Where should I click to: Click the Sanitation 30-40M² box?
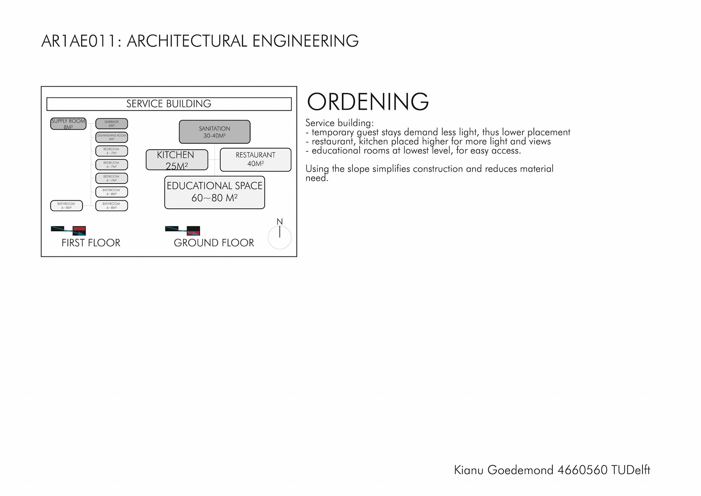click(214, 132)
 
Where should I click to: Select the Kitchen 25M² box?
click(177, 160)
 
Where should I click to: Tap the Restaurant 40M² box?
click(255, 160)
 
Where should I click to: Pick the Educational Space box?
click(214, 192)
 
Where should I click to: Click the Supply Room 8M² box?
click(68, 124)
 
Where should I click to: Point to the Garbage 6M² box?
click(111, 123)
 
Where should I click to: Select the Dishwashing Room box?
click(111, 137)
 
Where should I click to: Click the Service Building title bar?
click(169, 104)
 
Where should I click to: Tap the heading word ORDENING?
click(368, 102)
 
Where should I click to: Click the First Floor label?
click(91, 243)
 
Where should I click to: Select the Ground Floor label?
click(214, 243)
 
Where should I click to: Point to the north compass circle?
click(280, 237)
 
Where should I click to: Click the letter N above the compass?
click(280, 222)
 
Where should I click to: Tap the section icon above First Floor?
click(68, 230)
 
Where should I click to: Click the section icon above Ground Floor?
click(183, 230)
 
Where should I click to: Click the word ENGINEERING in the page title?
click(305, 41)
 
